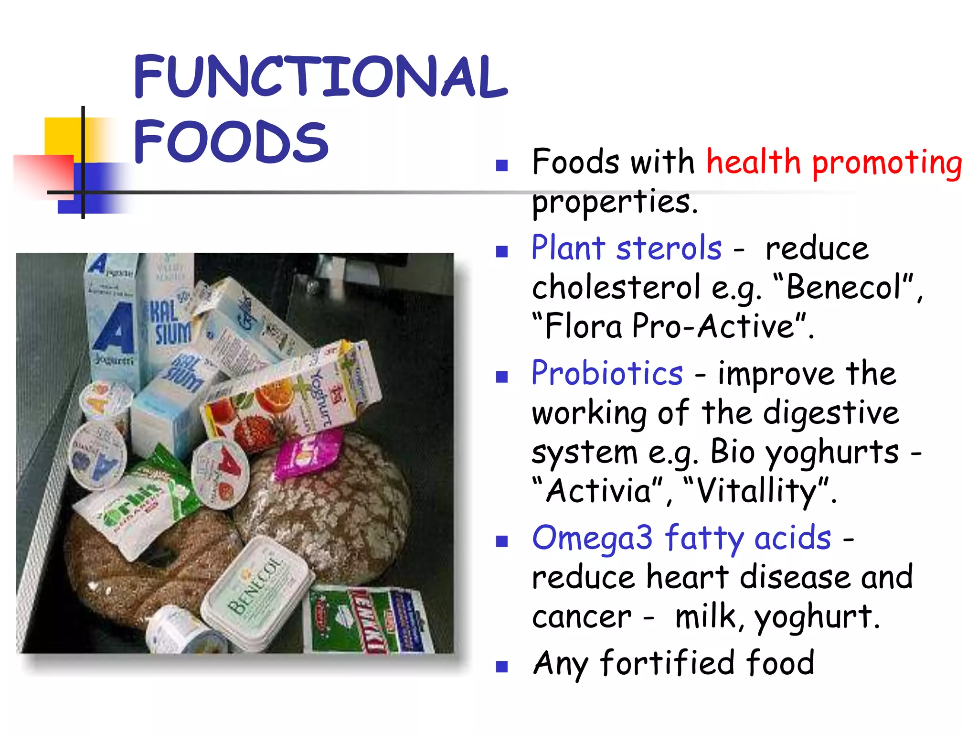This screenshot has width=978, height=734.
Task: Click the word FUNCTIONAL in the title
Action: click(x=320, y=76)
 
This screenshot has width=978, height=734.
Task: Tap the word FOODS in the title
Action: click(x=231, y=141)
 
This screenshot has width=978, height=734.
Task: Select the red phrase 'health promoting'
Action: click(x=834, y=162)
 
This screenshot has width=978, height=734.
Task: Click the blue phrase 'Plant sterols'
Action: click(x=627, y=248)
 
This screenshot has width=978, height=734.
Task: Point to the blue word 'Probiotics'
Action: click(x=607, y=373)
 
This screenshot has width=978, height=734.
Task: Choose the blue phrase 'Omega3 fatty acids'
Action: click(x=681, y=538)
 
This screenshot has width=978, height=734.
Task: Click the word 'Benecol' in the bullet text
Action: click(x=843, y=288)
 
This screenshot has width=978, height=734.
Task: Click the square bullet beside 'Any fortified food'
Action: click(x=501, y=666)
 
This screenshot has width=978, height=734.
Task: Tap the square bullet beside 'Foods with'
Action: click(x=501, y=165)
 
